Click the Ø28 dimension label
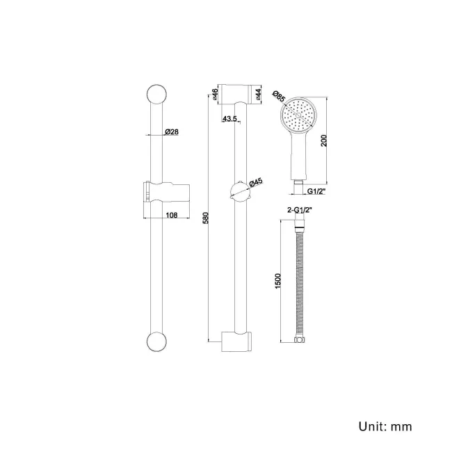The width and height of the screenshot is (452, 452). pos(172,132)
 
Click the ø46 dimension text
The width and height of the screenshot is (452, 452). pos(216,95)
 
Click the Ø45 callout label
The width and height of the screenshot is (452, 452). pos(256,183)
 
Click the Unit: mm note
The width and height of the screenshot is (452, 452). pos(387,425)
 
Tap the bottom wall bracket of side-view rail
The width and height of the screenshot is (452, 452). pos(236,343)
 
